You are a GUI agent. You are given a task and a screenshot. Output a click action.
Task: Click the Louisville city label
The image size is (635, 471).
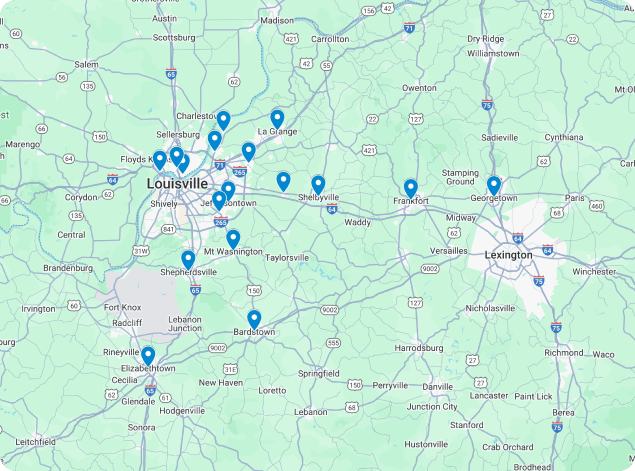(177, 184)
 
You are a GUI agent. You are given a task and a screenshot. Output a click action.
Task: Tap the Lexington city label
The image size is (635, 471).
(508, 254)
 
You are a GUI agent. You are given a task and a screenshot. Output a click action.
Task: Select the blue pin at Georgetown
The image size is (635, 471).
(493, 186)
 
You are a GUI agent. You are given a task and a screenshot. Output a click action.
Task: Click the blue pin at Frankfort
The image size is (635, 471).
(410, 188)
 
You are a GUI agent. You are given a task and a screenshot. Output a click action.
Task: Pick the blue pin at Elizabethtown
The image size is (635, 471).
(148, 355)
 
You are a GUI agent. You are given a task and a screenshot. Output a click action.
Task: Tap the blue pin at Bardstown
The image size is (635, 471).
(254, 319)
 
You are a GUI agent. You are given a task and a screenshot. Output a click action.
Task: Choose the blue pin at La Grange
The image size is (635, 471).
(277, 118)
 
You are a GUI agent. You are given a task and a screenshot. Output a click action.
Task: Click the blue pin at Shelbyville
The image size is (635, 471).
(318, 184)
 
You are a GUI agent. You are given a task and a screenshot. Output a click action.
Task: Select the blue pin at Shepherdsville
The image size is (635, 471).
(188, 259)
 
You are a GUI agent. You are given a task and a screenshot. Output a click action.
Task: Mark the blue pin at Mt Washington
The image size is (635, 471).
(233, 238)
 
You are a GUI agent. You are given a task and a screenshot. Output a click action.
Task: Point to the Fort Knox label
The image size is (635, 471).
(125, 307)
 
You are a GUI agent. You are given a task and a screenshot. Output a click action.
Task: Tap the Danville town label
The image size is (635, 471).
(437, 386)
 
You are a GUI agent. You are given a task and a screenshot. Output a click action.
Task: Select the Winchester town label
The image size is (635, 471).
(594, 271)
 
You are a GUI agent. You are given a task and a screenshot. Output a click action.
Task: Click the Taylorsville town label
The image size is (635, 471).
(287, 257)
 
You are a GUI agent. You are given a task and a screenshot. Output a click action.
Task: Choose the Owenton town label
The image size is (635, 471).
(419, 88)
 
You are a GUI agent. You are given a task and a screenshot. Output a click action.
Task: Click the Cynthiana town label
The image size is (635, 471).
(563, 137)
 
